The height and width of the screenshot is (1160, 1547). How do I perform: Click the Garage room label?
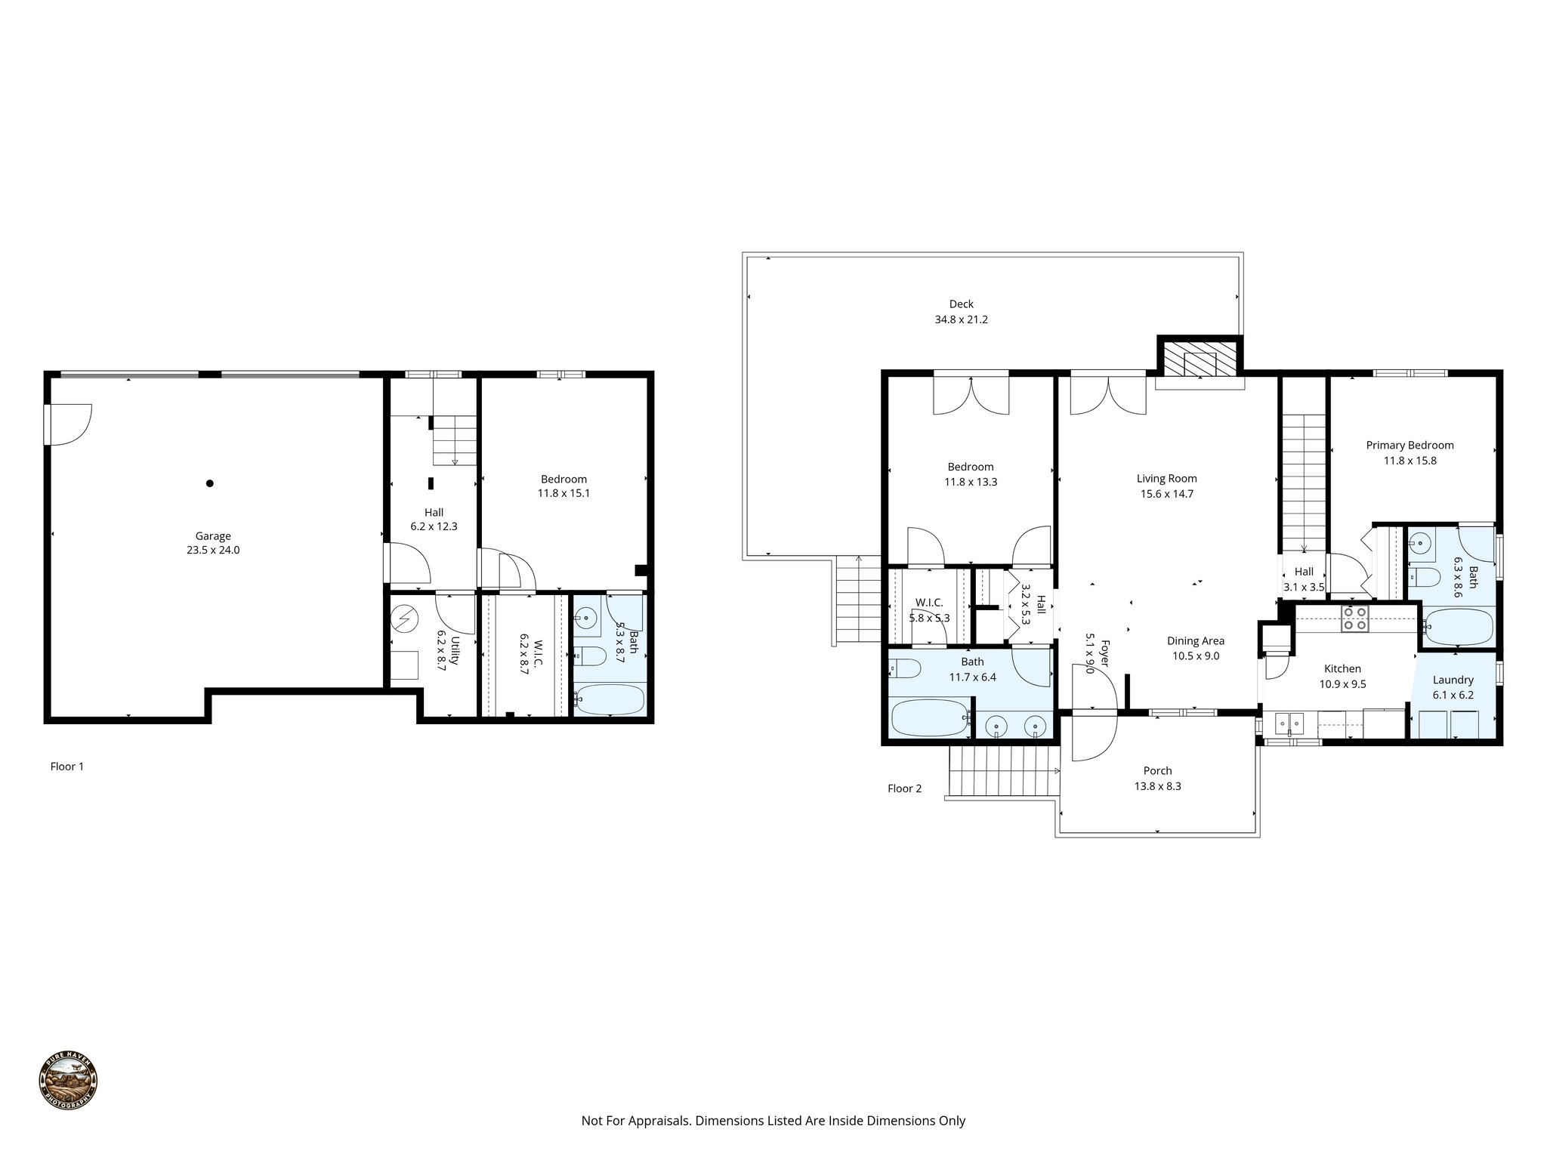212,543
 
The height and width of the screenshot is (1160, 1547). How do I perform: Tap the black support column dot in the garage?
210,483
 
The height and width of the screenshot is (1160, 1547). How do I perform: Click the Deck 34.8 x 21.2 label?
961,311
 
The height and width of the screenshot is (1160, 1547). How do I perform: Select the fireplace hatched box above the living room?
1200,359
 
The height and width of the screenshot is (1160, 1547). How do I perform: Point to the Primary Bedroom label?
1410,452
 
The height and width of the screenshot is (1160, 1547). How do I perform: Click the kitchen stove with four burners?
1355,619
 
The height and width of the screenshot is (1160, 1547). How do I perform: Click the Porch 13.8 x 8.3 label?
1157,778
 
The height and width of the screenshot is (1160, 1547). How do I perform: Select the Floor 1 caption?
67,767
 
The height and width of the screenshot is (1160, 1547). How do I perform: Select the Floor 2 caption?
904,788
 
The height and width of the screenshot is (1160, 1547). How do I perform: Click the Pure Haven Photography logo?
68,1081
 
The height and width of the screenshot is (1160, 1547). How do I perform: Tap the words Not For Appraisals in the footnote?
635,1121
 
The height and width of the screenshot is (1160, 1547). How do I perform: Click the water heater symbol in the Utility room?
405,619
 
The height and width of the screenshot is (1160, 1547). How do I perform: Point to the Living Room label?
1166,486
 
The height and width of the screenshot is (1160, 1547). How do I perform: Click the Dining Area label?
1195,648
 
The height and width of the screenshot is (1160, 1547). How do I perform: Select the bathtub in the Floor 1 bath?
609,699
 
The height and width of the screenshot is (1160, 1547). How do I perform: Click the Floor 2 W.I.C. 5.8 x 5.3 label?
928,609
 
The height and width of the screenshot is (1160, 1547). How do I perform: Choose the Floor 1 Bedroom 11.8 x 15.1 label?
564,486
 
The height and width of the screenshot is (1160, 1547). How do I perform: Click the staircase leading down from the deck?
859,600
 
